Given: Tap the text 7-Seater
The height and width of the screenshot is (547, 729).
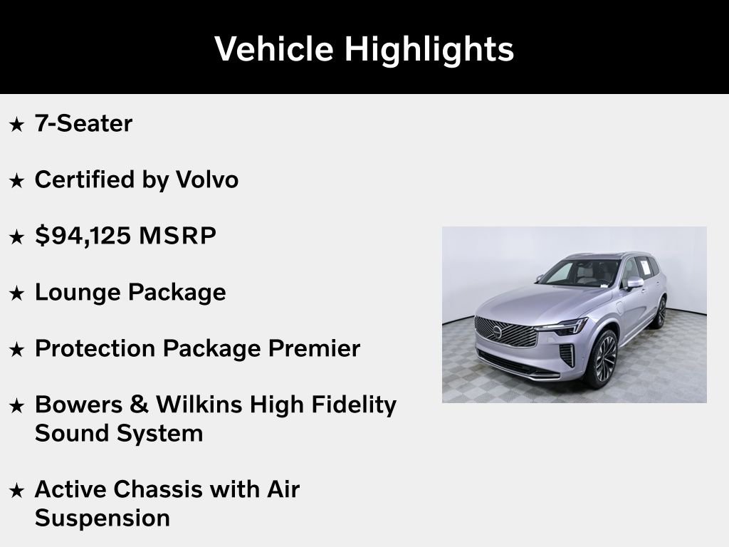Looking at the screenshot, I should pos(83,124).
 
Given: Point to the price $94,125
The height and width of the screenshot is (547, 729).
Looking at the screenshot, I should pos(83,236).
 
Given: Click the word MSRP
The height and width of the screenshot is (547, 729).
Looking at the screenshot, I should pos(177,236).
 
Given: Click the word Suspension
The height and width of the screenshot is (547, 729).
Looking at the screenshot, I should pos(102,518).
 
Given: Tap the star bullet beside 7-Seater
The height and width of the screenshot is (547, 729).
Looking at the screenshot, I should pos(16,125).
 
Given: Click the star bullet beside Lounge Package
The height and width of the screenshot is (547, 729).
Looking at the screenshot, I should pos(16,293).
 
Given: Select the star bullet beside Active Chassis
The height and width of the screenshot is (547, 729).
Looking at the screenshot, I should pos(16,490).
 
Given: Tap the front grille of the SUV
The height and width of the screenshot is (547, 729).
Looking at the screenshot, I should pos(506,331).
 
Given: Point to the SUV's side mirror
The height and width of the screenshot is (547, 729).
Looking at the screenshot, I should pos(634,283).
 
